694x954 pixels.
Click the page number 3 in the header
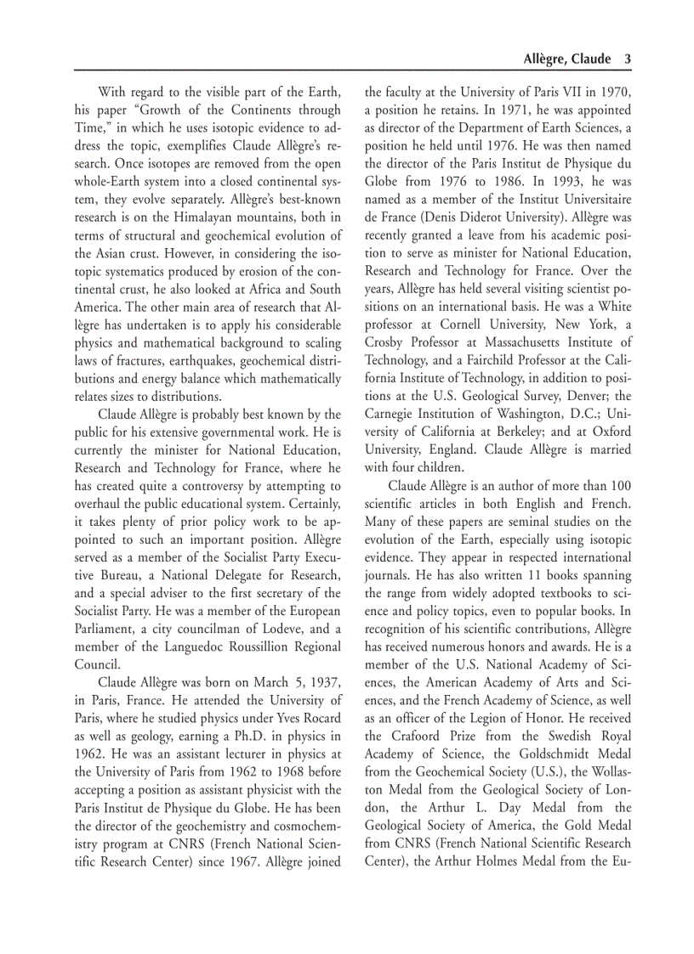pos(627,59)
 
